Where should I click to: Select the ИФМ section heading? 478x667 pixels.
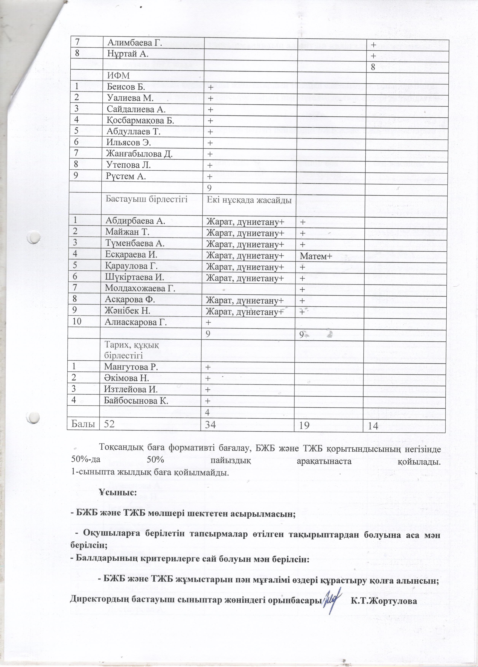[x=118, y=76]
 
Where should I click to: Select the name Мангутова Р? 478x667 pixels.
[x=131, y=367]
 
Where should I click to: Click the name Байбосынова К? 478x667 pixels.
[x=136, y=400]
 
